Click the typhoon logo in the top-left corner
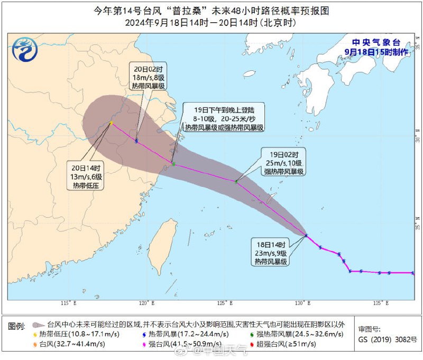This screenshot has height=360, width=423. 25,50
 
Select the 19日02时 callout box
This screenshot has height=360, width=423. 284,162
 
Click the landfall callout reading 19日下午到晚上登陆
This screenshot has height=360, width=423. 223,118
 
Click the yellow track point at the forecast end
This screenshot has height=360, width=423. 111,123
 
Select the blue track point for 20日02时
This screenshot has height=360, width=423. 136,141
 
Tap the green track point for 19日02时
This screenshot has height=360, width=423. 236,181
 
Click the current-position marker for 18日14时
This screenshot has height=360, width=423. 306,235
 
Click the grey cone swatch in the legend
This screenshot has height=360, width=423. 38,325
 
